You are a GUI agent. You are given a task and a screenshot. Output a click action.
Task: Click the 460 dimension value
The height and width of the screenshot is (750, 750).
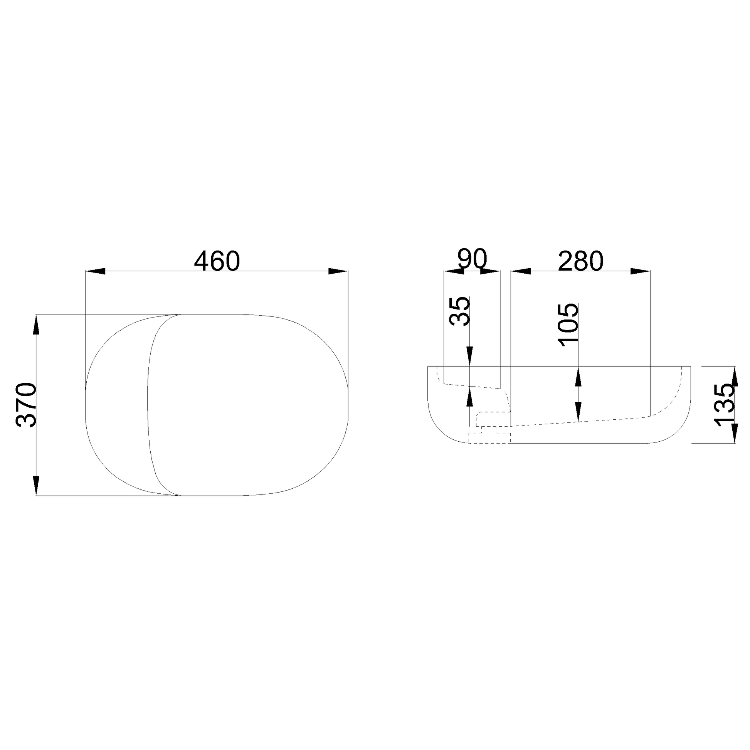tap(217, 261)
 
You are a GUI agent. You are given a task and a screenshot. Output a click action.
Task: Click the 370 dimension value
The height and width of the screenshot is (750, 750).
tap(26, 405)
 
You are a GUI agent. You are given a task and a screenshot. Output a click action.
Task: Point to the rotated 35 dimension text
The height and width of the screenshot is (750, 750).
tap(460, 311)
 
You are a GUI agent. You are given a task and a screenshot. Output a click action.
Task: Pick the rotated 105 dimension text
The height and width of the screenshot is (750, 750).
tap(568, 325)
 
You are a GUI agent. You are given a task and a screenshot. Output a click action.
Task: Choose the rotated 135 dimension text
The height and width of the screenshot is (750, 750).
tap(725, 405)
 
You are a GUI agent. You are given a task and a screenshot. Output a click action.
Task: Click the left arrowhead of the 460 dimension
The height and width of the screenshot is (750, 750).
tap(95, 271)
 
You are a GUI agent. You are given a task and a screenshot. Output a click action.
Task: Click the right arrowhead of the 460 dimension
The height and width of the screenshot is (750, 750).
tap(338, 271)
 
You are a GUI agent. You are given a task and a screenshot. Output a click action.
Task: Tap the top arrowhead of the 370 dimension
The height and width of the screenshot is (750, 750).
tap(36, 324)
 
